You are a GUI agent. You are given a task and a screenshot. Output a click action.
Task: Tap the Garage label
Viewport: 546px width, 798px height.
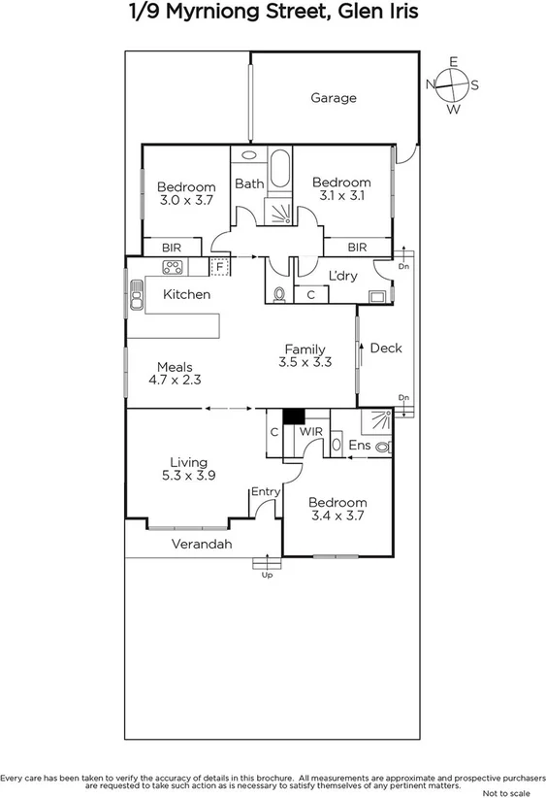(x=334, y=98)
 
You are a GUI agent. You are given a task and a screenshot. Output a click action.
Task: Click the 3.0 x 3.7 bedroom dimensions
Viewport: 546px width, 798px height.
(x=186, y=200)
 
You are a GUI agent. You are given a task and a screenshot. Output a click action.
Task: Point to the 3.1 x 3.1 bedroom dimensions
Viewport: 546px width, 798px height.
(x=341, y=196)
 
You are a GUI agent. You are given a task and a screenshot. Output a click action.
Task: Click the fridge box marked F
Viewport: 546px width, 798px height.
(x=220, y=266)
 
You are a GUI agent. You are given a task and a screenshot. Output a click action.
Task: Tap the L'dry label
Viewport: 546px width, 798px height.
(x=343, y=276)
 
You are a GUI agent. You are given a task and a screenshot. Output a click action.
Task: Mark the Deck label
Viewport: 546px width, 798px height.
(x=386, y=348)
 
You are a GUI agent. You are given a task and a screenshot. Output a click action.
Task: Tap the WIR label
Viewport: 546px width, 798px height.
(x=310, y=430)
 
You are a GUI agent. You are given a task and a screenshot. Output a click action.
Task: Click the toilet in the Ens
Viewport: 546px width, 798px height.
(x=383, y=447)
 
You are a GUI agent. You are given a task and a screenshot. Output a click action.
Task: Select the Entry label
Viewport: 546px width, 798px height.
(x=265, y=492)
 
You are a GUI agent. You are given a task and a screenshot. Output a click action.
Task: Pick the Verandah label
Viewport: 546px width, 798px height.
(x=202, y=545)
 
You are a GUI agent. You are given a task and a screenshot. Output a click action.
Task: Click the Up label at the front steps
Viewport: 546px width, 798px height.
(x=268, y=576)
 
